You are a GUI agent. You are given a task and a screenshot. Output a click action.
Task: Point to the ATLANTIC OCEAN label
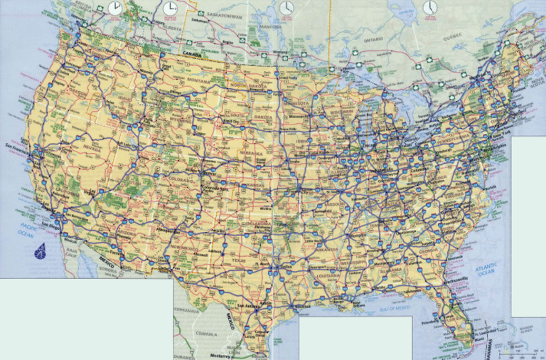tap(486, 269)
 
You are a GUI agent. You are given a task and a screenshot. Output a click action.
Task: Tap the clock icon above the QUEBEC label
tap(429, 7)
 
